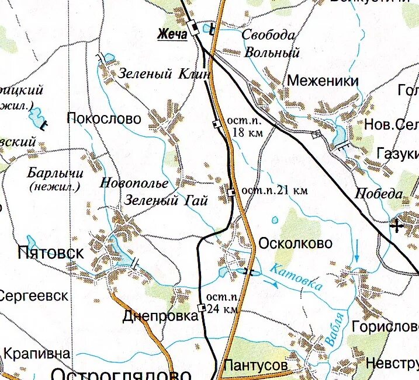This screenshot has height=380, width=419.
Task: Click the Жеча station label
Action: (172, 34)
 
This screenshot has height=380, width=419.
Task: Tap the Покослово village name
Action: (104, 119)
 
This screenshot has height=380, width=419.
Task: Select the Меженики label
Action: (322, 81)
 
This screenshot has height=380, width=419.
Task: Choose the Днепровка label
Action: (161, 317)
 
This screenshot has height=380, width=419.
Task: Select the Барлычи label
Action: (56, 173)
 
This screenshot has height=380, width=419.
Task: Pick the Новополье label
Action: (134, 183)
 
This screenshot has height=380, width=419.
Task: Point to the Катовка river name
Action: (296, 277)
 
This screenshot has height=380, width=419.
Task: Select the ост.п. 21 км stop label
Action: (275, 190)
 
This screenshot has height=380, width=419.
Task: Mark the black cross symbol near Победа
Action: (398, 226)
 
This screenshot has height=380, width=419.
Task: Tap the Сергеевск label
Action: (33, 295)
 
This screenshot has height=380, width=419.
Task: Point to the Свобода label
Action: (268, 36)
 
